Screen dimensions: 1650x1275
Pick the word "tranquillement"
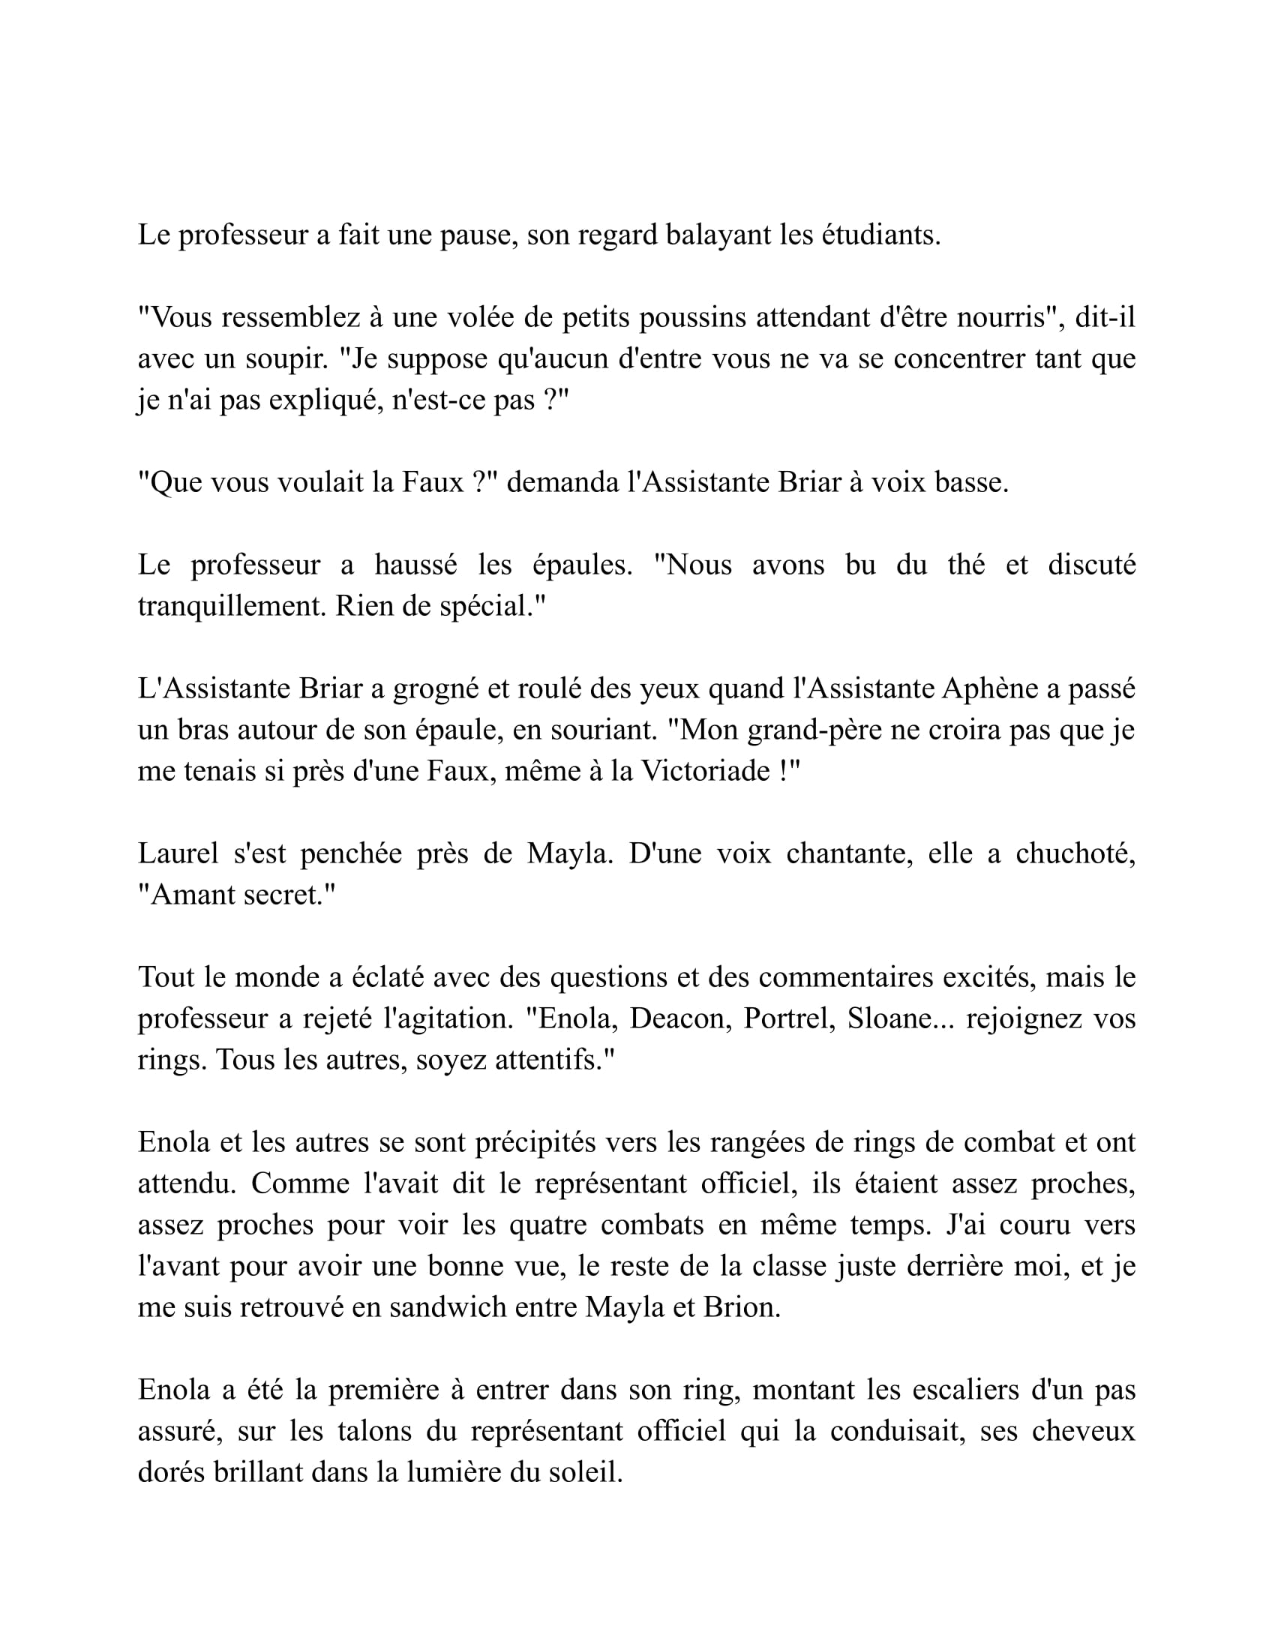click(230, 607)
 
